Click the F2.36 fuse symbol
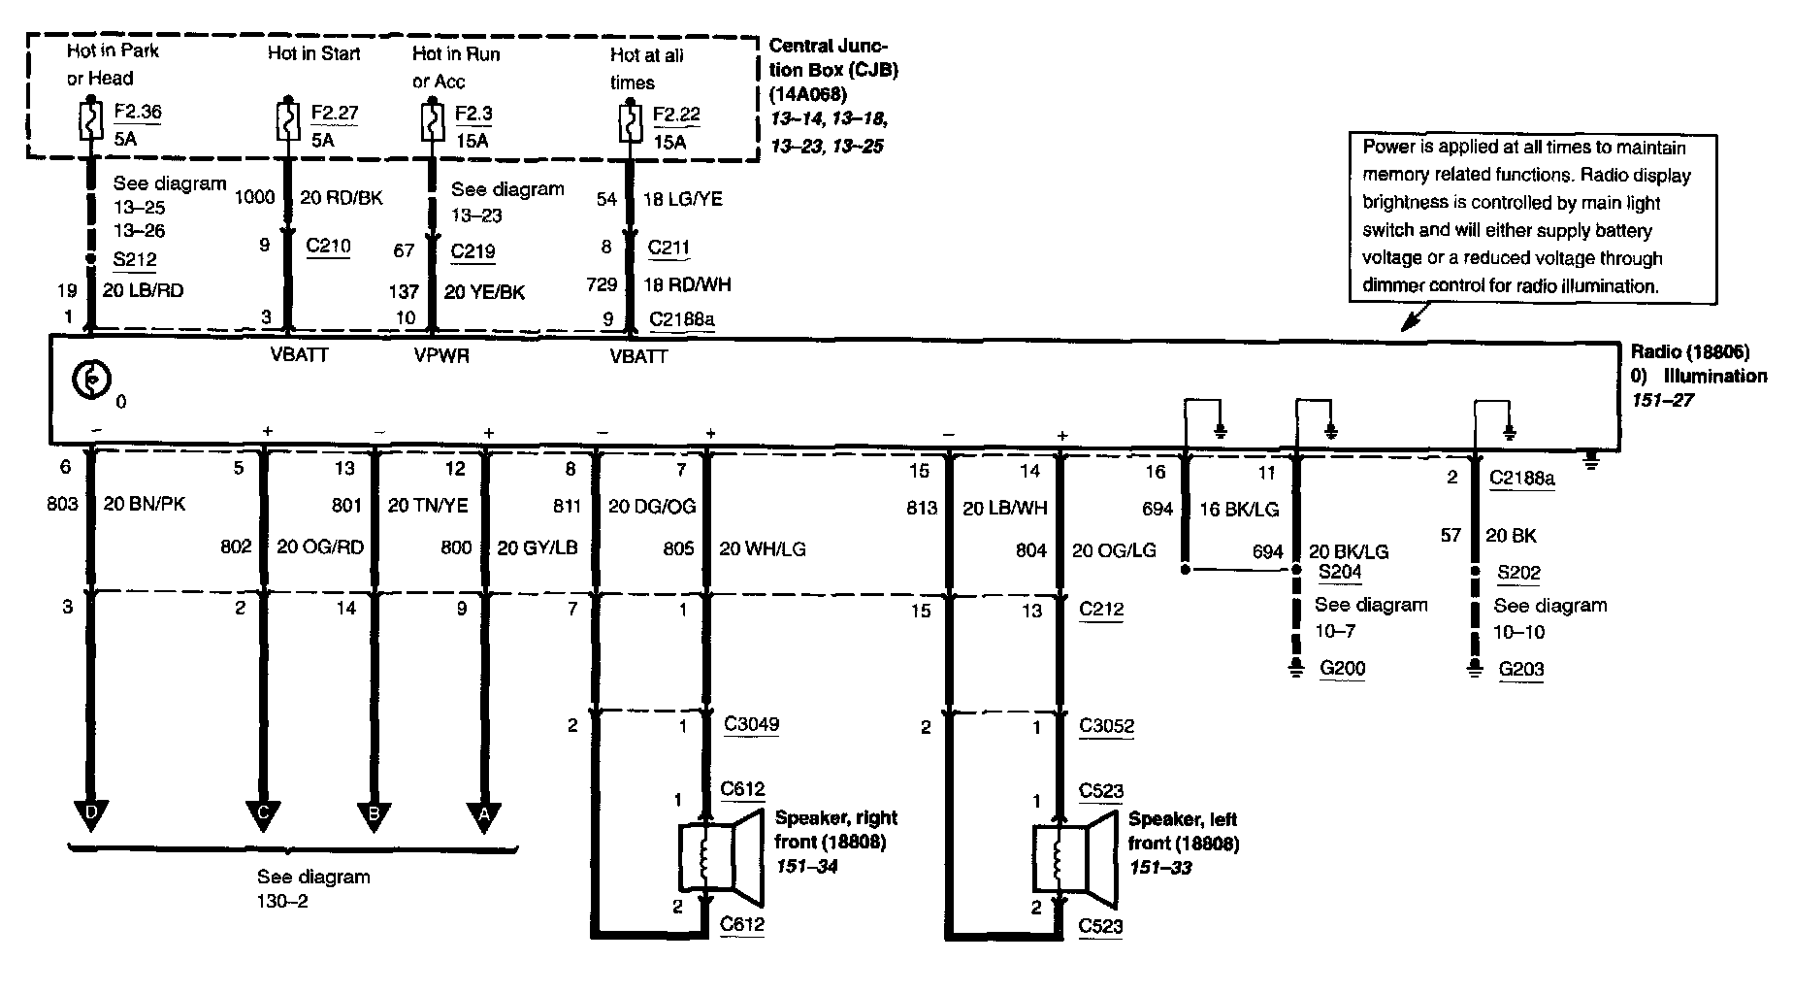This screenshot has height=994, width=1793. click(90, 121)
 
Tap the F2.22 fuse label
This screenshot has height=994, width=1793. click(676, 115)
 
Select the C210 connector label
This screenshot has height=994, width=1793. click(328, 246)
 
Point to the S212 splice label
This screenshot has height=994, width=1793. click(134, 259)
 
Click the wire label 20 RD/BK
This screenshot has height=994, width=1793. click(341, 198)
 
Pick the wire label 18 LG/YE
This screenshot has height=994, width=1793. click(682, 199)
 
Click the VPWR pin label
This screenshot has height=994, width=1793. click(441, 355)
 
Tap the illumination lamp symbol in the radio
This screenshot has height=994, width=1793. click(92, 381)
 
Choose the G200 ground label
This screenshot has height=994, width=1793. click(1342, 669)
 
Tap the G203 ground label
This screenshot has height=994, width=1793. click(1520, 669)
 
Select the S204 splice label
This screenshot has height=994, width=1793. click(1340, 573)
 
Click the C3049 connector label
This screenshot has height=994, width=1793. click(751, 724)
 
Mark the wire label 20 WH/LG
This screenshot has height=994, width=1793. click(762, 549)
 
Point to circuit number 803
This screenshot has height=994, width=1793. click(62, 504)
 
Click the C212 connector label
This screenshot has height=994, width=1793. click(1101, 610)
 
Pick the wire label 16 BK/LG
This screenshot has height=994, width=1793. click(1239, 508)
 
